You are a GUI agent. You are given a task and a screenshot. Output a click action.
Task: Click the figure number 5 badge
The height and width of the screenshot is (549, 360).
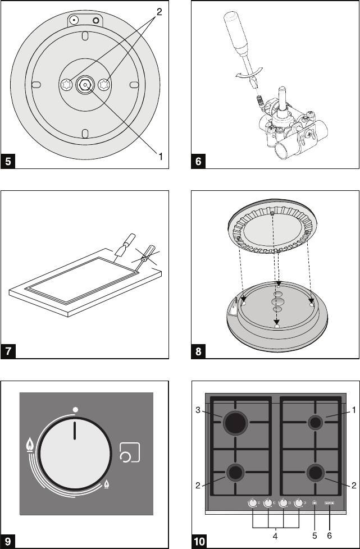click(8, 162)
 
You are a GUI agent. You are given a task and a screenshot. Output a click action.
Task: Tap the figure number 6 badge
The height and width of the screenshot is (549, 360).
click(198, 162)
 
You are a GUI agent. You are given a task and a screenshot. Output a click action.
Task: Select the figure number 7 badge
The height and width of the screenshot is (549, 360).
click(8, 352)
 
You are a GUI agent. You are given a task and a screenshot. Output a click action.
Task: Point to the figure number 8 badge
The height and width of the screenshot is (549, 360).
click(198, 352)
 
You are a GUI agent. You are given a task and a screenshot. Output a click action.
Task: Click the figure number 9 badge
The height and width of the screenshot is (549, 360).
click(8, 542)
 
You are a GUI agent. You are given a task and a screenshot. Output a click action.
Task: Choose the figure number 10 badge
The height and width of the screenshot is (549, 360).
click(199, 542)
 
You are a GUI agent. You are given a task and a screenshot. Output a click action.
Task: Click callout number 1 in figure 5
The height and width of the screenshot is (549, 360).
click(161, 157)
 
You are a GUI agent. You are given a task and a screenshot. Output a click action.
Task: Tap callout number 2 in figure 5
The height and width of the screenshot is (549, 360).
click(159, 12)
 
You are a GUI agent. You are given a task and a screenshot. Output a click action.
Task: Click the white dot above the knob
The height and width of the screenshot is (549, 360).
click(75, 409)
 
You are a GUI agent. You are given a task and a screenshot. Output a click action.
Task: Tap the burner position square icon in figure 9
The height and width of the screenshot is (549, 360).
click(130, 452)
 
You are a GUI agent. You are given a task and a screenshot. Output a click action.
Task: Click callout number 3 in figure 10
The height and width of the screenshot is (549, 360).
click(198, 410)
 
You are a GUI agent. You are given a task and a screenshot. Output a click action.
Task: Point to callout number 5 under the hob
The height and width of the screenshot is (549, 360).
click(315, 536)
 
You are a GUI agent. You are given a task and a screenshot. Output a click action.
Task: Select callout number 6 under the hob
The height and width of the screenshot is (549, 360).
click(330, 536)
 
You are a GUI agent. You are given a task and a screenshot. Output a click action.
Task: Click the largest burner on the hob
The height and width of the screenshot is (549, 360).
click(236, 423)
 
